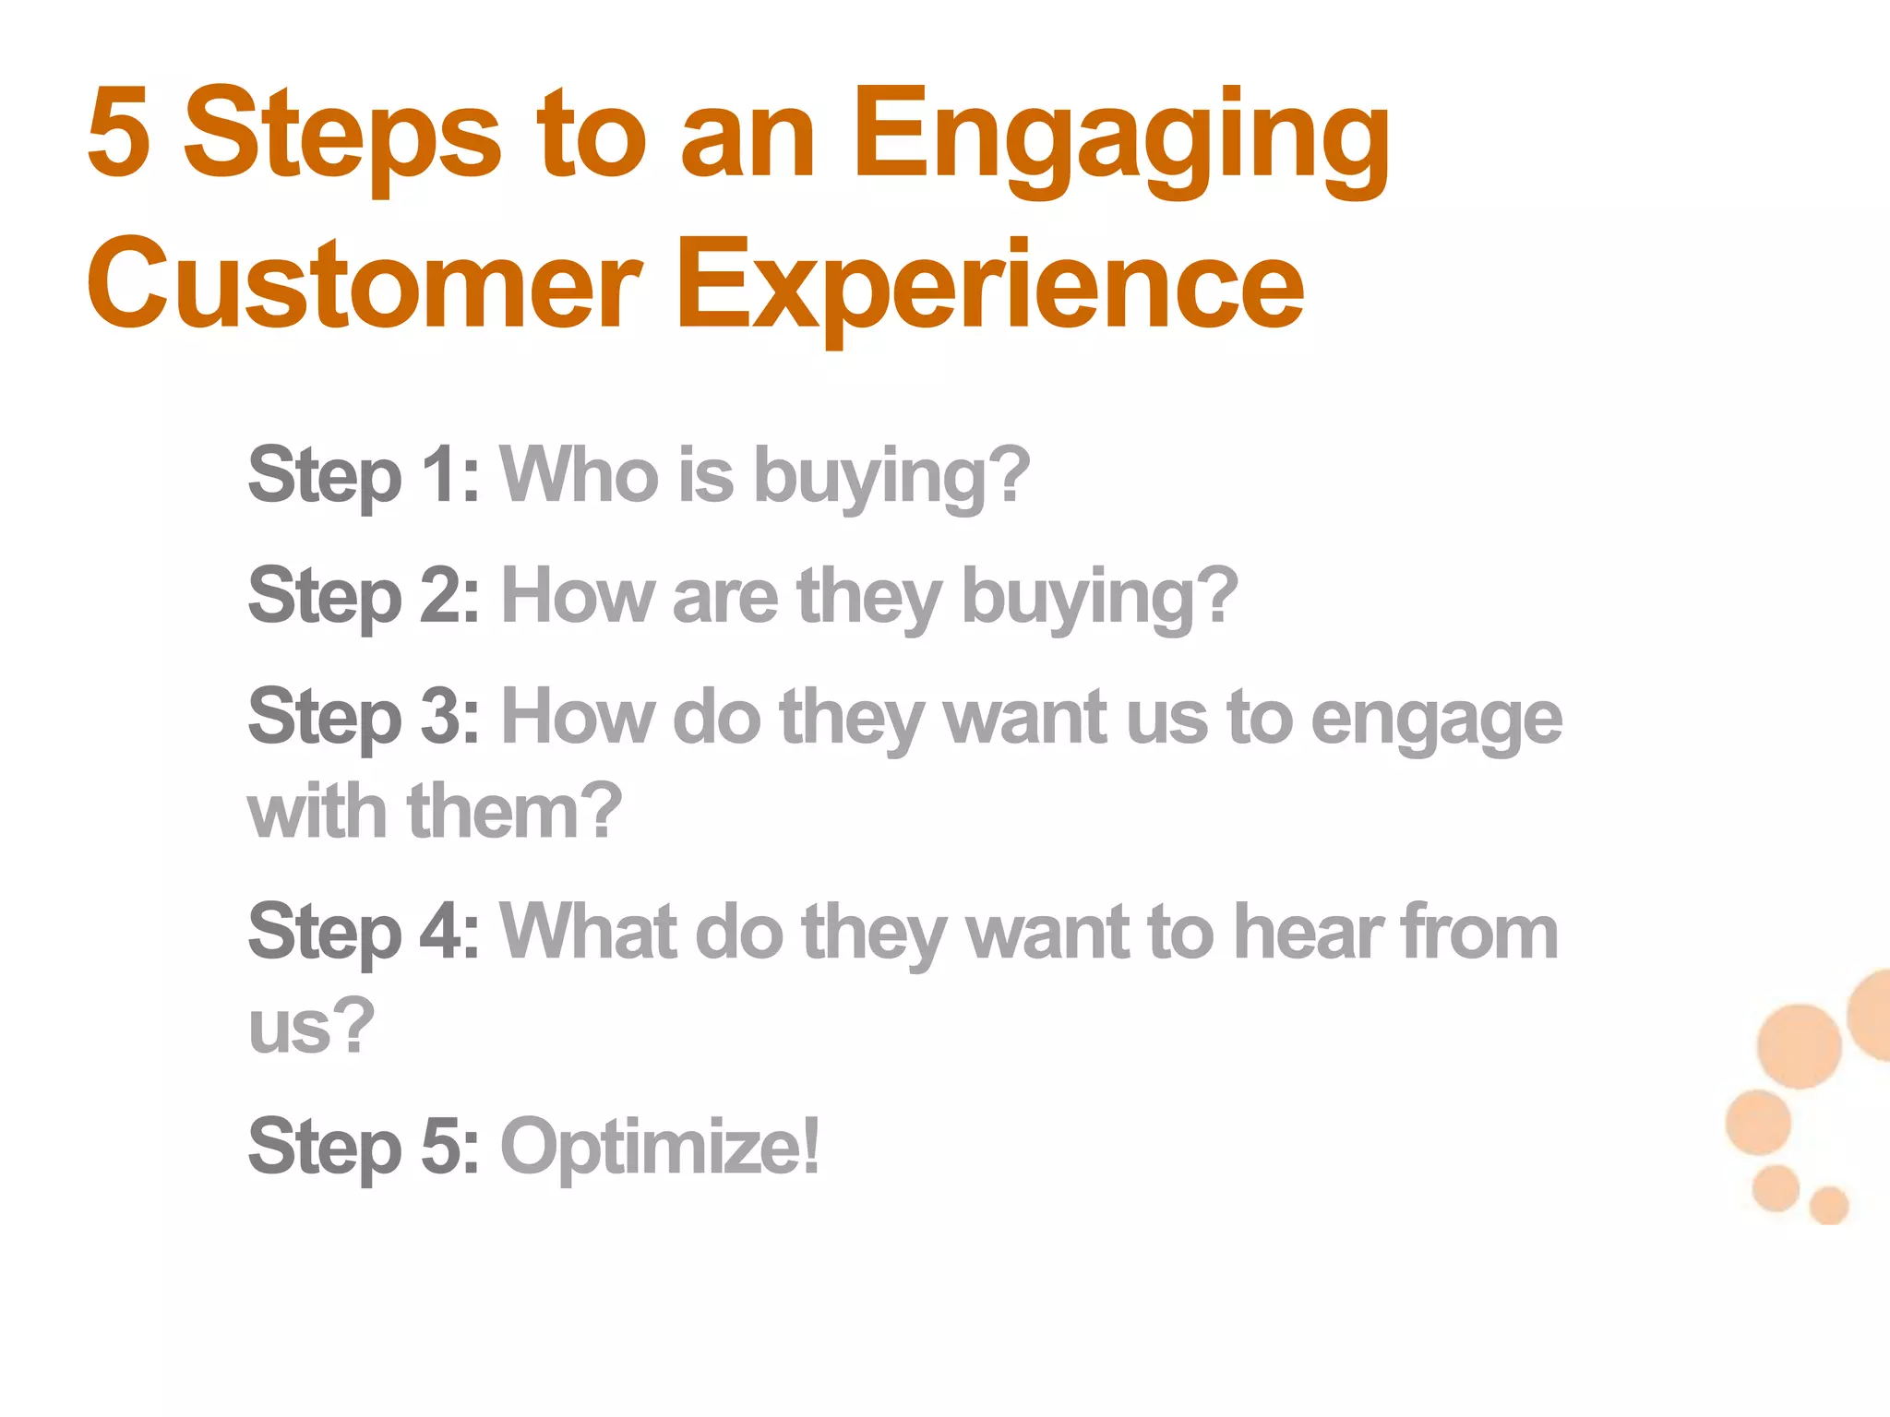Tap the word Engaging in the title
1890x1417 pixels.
(1119, 138)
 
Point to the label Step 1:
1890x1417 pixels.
(364, 476)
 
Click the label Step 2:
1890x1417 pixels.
(364, 597)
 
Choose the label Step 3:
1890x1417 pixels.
(364, 718)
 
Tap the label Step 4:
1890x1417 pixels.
(364, 933)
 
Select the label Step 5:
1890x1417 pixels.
(364, 1147)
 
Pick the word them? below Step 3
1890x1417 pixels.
(514, 812)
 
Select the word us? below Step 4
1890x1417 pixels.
(311, 1026)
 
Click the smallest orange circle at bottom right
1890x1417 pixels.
(1828, 1205)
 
